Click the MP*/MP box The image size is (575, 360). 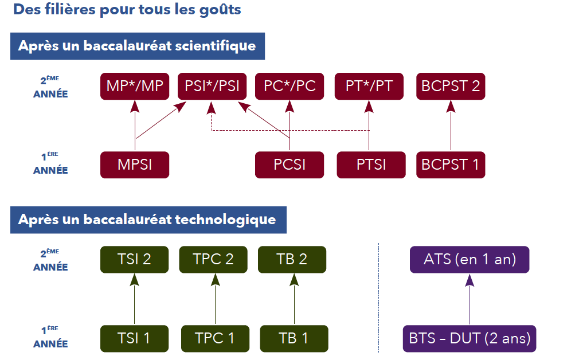(135, 87)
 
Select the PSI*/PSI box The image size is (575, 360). (212, 87)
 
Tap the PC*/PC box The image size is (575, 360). (290, 87)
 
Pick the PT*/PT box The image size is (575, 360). (369, 87)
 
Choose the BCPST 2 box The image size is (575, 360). (451, 87)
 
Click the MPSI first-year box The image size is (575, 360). (135, 165)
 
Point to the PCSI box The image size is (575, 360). (290, 165)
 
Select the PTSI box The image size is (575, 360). (371, 165)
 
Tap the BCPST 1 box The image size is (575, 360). (451, 165)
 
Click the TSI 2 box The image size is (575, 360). (135, 259)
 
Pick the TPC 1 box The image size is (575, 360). (216, 338)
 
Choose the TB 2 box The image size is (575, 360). (292, 259)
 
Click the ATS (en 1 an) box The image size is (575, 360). (470, 259)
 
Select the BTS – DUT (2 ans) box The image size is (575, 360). (470, 338)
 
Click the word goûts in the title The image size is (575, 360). (221, 10)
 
